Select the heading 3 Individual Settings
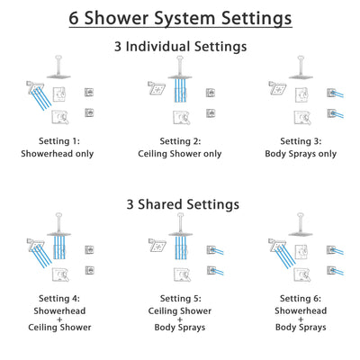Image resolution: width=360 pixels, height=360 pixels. (x=180, y=46)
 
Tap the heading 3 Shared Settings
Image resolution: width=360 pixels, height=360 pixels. (x=180, y=204)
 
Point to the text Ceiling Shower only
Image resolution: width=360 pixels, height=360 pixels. (x=180, y=153)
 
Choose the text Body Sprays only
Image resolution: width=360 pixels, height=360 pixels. (x=301, y=153)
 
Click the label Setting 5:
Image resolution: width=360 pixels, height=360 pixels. (x=180, y=298)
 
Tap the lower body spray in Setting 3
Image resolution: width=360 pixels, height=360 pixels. (x=332, y=112)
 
